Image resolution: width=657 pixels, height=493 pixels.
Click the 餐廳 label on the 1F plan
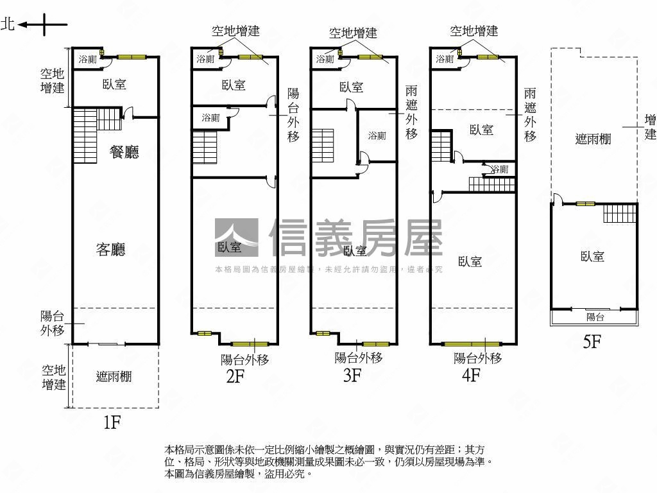[124, 152]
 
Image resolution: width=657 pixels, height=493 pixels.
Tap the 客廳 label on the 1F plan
[110, 250]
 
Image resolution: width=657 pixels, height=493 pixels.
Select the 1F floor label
[112, 422]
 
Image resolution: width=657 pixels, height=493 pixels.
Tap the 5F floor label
[592, 342]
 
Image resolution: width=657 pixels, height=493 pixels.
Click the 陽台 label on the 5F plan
[595, 317]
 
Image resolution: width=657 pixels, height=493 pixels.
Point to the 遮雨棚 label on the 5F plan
[593, 139]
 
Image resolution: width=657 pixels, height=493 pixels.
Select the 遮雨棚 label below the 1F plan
[114, 377]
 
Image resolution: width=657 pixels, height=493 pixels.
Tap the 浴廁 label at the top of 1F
[87, 60]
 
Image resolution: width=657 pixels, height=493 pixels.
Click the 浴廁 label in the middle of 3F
[377, 136]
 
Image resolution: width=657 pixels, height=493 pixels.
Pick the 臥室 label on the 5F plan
[592, 257]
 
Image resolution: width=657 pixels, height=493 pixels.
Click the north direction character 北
[8, 25]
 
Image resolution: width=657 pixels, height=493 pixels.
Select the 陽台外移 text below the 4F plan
[478, 358]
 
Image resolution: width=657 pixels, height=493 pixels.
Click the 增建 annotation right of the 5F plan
[651, 126]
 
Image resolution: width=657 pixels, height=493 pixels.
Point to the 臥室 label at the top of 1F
[114, 84]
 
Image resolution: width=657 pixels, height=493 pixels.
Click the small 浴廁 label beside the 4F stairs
[499, 169]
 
